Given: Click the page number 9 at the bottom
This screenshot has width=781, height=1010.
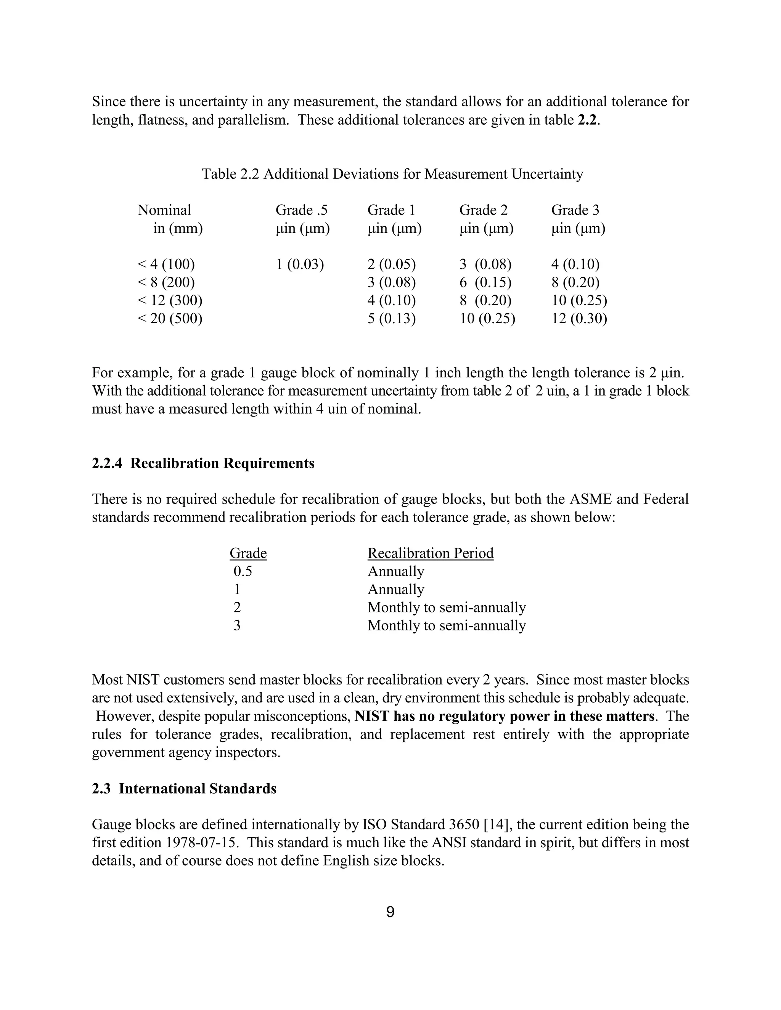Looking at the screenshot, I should [390, 912].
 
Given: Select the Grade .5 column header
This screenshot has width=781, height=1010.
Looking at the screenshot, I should [301, 210].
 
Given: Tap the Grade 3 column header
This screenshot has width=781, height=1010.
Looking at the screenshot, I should [575, 210].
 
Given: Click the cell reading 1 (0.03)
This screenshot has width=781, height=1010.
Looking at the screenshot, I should [300, 265].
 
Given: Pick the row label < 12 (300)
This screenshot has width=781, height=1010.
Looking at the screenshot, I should [170, 301].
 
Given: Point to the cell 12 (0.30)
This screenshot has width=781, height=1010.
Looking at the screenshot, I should [579, 319].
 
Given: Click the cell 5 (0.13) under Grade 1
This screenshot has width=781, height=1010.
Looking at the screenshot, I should [391, 319].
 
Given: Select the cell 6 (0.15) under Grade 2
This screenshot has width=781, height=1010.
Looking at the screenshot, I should [485, 282].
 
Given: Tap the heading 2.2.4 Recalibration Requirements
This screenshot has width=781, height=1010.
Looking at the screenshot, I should [203, 463].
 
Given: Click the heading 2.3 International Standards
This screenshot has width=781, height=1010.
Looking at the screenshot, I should [184, 789].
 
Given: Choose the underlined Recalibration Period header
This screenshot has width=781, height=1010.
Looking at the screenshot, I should [430, 553].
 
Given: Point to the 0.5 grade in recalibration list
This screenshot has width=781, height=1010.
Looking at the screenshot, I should [243, 572].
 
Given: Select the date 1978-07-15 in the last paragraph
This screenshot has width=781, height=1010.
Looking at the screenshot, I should [202, 843].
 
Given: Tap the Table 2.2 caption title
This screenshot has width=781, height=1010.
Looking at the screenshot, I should [392, 174].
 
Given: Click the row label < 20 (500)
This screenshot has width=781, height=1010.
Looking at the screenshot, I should [170, 319].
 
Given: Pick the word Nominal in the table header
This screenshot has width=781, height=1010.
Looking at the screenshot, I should [164, 210].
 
